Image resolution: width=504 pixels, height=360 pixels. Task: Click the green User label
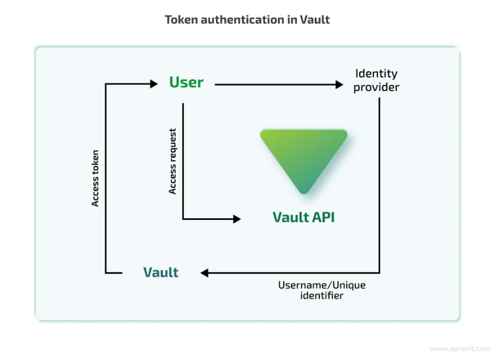186,82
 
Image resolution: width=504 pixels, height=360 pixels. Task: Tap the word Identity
376,74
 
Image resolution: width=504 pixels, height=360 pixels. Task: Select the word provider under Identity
376,87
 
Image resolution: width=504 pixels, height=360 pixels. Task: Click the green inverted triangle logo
303,158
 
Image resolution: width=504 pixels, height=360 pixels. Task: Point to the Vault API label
303,217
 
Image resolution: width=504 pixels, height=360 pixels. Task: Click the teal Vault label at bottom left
161,273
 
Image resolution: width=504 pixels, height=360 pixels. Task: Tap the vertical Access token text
95,178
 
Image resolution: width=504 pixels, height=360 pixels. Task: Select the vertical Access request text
173,161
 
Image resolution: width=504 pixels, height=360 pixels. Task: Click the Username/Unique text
322,285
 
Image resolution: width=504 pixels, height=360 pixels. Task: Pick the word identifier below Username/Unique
322,295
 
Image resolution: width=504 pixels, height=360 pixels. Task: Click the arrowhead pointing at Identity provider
340,85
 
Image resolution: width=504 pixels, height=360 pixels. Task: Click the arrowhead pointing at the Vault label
205,273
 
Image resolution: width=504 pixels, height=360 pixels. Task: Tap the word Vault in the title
314,20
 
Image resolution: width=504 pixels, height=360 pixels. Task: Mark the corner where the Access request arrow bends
183,219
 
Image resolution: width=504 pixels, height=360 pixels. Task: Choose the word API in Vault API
323,217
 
